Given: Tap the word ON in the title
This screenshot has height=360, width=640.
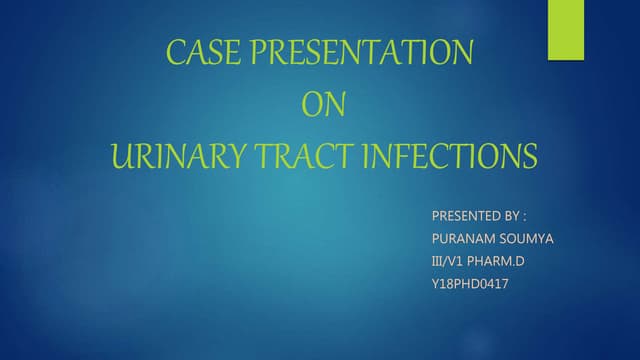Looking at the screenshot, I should (321, 105).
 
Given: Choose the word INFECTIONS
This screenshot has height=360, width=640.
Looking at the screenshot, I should (450, 157).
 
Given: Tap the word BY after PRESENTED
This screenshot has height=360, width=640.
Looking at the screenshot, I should (509, 216).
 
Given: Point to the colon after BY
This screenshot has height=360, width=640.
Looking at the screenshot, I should (524, 217).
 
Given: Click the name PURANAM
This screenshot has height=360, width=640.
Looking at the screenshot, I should (462, 239).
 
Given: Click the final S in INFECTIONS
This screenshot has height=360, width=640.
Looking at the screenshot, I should (529, 157).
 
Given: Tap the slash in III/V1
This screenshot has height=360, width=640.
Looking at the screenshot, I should (448, 262).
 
